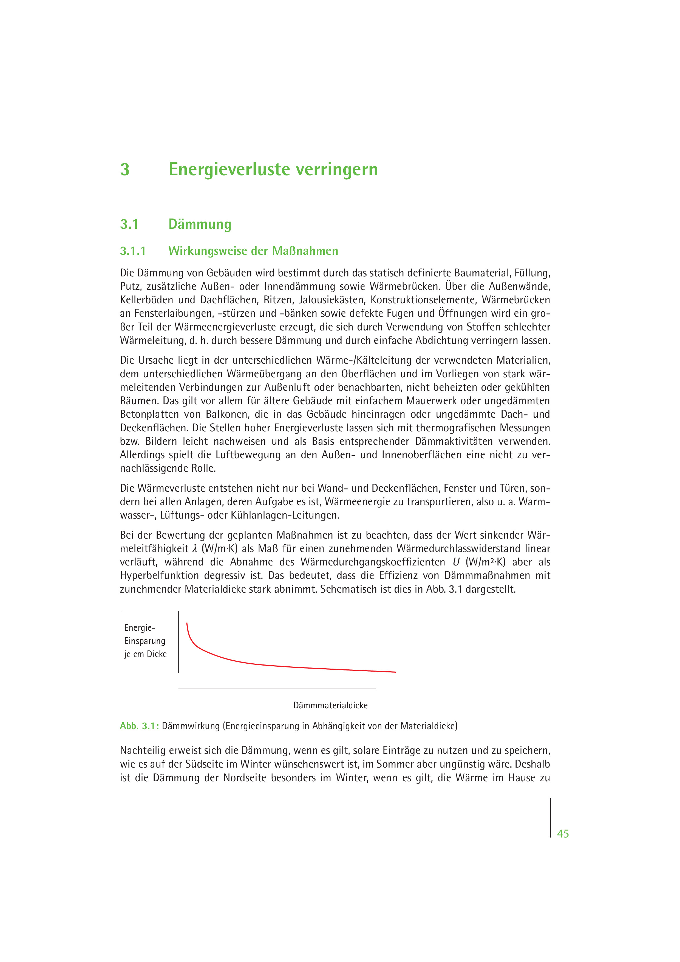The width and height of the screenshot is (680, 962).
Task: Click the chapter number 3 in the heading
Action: pyautogui.click(x=125, y=170)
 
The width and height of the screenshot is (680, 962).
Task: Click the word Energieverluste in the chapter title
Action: pyautogui.click(x=229, y=170)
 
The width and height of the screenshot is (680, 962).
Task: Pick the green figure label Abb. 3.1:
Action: pyautogui.click(x=139, y=726)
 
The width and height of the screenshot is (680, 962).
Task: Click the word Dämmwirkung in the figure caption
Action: pyautogui.click(x=191, y=726)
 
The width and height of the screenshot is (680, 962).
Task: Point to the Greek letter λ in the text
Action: pyautogui.click(x=194, y=549)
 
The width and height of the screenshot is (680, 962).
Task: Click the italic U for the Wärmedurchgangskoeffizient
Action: pyautogui.click(x=456, y=562)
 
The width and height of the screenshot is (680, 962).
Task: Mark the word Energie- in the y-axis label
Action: pyautogui.click(x=140, y=628)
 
